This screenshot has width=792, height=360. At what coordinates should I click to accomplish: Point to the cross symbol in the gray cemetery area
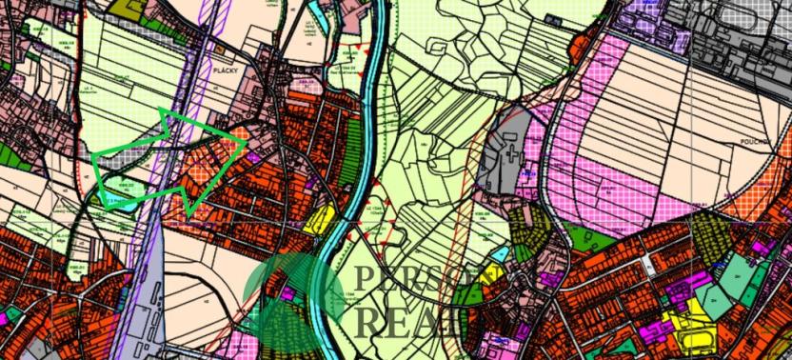coord(514,151)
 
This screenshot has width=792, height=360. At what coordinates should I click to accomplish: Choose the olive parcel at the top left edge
coord(124,8)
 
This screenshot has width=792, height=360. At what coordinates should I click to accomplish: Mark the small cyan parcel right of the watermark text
coord(497,254)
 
